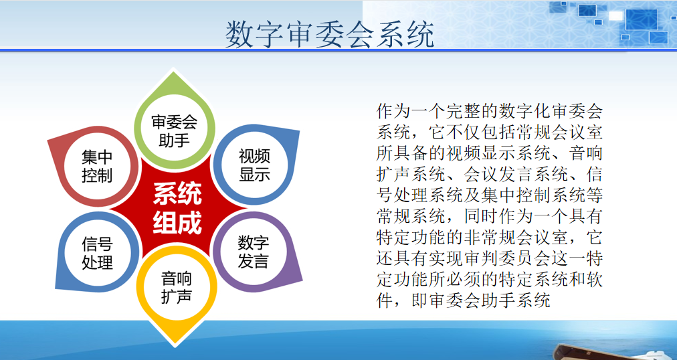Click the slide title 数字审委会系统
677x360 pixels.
point(329,34)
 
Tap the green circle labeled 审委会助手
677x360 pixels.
point(175,130)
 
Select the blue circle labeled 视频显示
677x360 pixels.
point(254,165)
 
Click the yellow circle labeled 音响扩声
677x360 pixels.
point(176,287)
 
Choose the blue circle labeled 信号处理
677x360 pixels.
point(97,252)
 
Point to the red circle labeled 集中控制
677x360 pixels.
point(97,166)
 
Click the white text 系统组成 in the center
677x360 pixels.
point(177,209)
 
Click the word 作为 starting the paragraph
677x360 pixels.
point(393,111)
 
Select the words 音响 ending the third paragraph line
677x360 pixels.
point(585,153)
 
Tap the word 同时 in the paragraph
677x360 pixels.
point(481,216)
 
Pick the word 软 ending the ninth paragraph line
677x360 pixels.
point(594,279)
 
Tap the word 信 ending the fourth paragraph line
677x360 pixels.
point(594,175)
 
